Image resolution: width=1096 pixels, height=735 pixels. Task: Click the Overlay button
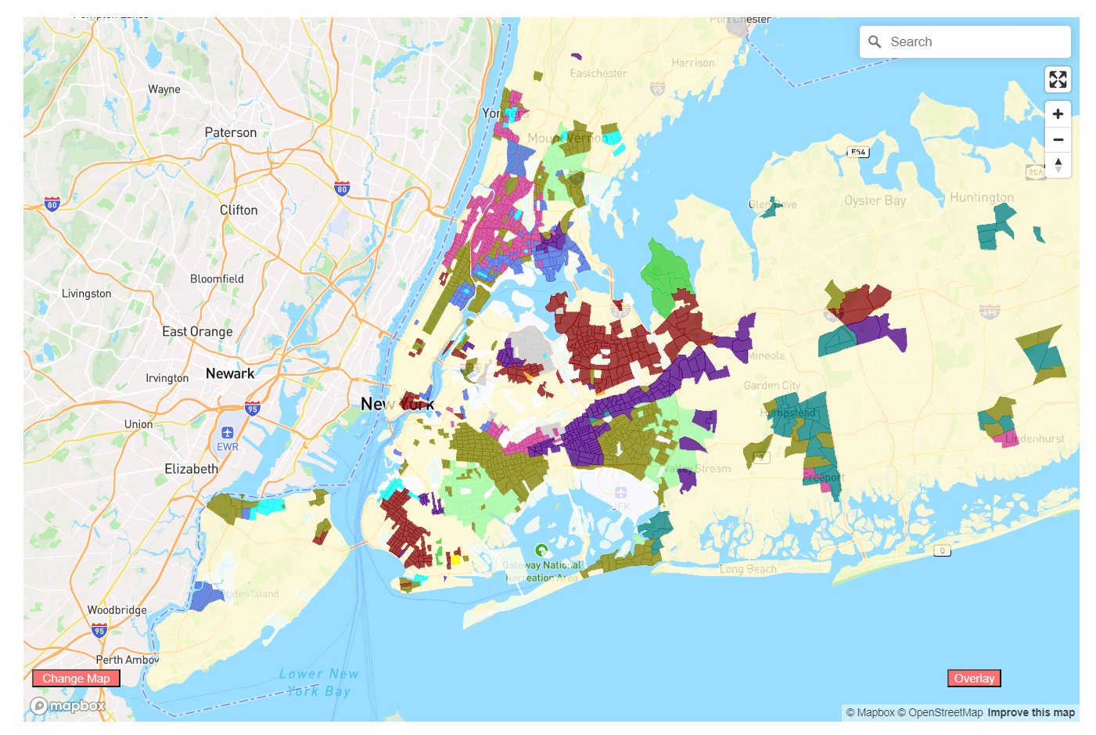(974, 679)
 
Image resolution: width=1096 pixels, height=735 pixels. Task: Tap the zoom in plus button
(1058, 113)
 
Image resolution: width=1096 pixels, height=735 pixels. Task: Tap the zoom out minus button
(1058, 139)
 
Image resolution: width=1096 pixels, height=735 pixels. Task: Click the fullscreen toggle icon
(1058, 79)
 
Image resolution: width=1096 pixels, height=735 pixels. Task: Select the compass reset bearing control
(1058, 165)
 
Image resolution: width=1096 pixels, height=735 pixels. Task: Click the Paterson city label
(230, 132)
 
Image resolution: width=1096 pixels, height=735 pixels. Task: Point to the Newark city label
(230, 373)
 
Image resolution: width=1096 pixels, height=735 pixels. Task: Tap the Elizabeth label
(191, 469)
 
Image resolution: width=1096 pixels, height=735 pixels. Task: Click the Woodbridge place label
(117, 610)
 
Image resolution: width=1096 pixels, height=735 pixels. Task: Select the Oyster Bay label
(875, 200)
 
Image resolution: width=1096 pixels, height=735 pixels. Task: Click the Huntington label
(981, 197)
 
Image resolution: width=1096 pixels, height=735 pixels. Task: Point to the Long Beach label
(748, 569)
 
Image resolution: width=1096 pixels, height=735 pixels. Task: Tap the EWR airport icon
(227, 433)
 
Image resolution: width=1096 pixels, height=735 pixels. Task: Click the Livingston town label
(86, 294)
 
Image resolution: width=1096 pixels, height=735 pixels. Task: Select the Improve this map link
(1030, 712)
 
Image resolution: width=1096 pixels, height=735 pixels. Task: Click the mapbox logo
(68, 706)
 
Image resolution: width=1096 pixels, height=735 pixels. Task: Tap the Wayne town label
(164, 89)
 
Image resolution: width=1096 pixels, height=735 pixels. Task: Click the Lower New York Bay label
(319, 683)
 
